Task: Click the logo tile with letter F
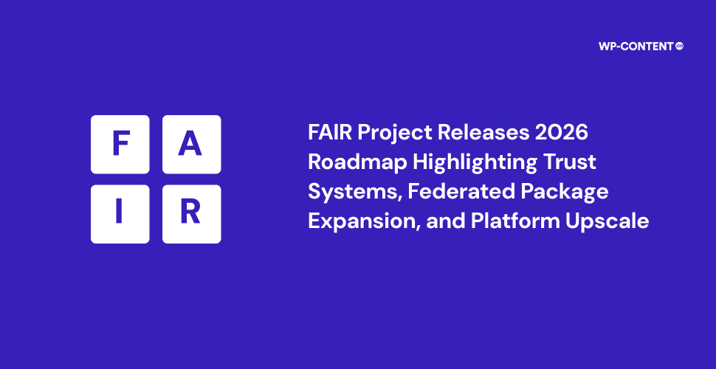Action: [120, 145]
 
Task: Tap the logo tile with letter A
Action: [192, 145]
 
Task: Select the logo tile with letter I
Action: [120, 214]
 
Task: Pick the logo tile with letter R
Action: [192, 214]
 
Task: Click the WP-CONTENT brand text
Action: [636, 46]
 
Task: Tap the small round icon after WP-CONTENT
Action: [680, 46]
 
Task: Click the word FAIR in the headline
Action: [330, 133]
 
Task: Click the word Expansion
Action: [364, 221]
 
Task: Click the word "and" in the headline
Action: [445, 221]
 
